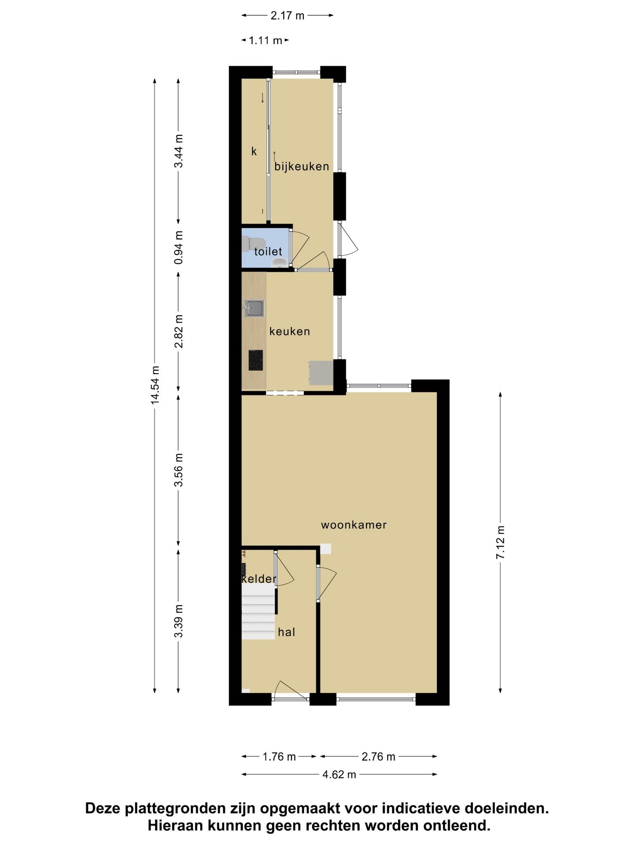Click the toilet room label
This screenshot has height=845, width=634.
point(268,251)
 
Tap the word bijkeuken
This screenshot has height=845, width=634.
point(302,166)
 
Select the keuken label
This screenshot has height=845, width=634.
point(290,331)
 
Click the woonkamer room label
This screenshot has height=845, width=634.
point(354,525)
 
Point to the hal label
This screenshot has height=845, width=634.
point(286,632)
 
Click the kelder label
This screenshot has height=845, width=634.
point(259,579)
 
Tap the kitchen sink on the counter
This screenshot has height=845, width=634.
point(254,309)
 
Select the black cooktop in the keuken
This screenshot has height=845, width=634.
point(255,360)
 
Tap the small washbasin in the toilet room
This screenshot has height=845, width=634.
point(281,262)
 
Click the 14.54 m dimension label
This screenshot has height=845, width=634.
point(155,385)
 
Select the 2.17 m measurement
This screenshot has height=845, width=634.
point(287,16)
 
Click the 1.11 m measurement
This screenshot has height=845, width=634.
point(265,40)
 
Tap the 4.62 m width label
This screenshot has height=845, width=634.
point(339,774)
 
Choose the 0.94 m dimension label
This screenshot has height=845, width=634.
point(178,248)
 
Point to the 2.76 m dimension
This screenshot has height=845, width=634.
point(379,756)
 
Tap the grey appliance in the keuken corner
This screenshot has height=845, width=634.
point(321,373)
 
